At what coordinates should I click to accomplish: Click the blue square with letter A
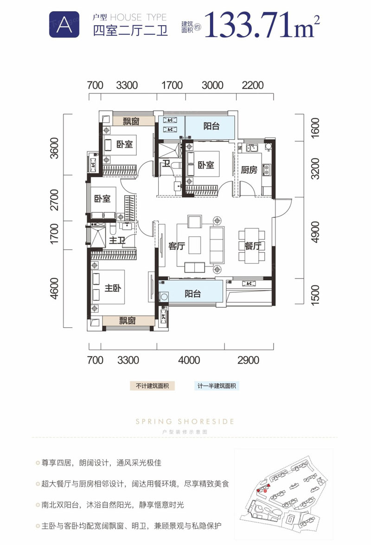[x=64, y=24]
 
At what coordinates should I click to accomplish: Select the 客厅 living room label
[x=177, y=246]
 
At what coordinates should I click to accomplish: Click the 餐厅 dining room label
[x=253, y=246]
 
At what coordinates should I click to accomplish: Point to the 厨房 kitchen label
[x=249, y=170]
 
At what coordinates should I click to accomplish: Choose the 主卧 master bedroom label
[x=113, y=288]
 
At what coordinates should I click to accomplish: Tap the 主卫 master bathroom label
[x=117, y=240]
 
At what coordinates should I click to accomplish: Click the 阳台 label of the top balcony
[x=211, y=126]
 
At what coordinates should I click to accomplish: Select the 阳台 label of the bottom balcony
[x=192, y=294]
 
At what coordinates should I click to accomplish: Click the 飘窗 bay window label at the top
[x=131, y=121]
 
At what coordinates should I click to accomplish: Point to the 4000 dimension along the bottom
[x=189, y=360]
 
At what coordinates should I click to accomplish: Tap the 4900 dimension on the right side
[x=315, y=232]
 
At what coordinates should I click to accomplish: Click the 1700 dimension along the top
[x=172, y=85]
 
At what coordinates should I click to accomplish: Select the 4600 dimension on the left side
[x=55, y=288]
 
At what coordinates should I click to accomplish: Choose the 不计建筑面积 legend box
[x=152, y=386]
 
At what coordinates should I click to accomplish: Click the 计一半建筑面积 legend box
[x=217, y=386]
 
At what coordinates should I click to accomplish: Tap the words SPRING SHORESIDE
[x=185, y=422]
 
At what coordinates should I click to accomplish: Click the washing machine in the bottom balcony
[x=164, y=297]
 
